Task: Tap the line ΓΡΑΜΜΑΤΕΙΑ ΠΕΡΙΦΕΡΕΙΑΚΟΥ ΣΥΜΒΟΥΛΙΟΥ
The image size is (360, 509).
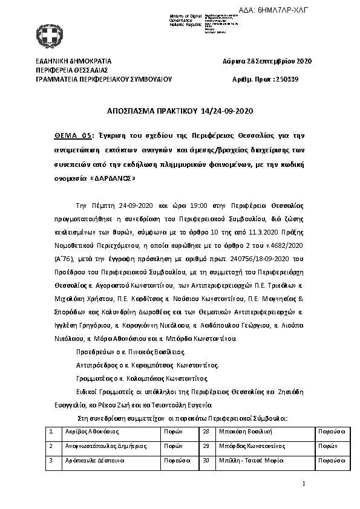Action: click(104, 79)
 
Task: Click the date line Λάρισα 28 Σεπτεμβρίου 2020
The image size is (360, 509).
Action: click(267, 62)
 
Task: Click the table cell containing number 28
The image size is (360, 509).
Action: click(206, 432)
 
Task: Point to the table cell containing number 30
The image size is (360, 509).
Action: click(206, 460)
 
